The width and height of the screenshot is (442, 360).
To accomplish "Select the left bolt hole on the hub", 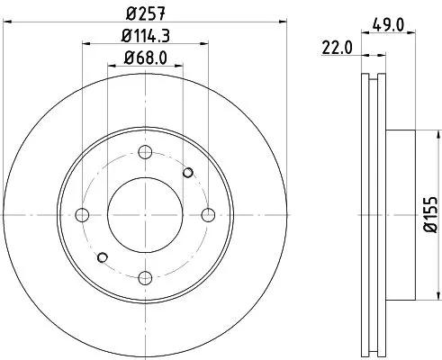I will click(82, 214).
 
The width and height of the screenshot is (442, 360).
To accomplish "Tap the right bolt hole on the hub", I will click(209, 214).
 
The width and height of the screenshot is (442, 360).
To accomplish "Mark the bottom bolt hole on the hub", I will click(145, 277).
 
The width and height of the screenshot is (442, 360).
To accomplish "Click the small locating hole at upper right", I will click(188, 172).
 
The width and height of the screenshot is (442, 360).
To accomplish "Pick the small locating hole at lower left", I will click(102, 257).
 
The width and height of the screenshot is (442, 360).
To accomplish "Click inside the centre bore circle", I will click(145, 214).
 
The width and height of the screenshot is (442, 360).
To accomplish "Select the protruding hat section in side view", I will click(401, 214).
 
